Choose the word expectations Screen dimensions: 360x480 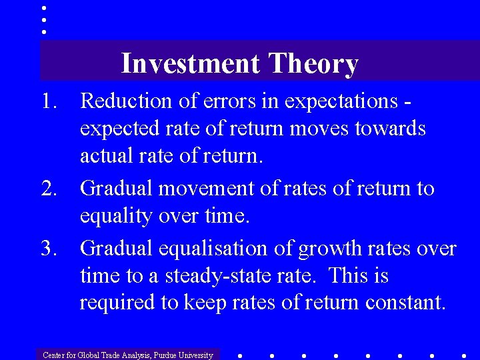point(340,103)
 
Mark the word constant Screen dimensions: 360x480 point(405,303)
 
